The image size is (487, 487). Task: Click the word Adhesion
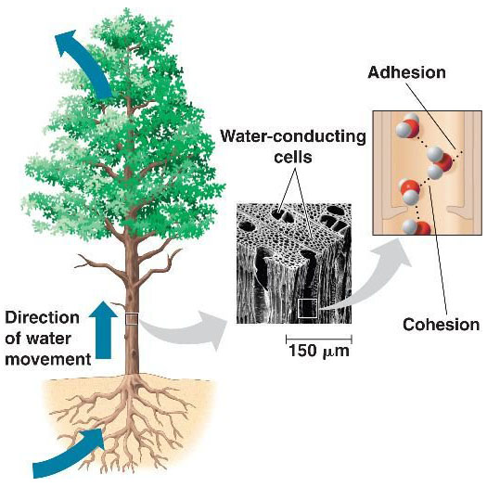tap(406, 72)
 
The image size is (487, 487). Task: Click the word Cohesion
tap(441, 325)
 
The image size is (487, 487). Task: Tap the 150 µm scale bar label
tap(319, 352)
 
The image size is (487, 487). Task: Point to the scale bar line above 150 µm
tap(319, 339)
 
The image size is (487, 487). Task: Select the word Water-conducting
tap(293, 136)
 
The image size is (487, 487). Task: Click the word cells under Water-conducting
tap(293, 157)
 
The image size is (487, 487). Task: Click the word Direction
tap(43, 318)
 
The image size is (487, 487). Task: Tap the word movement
tap(48, 359)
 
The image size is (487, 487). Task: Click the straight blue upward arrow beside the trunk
tap(103, 330)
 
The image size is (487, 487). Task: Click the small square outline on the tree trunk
tap(132, 319)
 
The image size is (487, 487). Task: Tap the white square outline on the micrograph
tap(307, 308)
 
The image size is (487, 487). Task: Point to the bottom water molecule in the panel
tap(417, 227)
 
